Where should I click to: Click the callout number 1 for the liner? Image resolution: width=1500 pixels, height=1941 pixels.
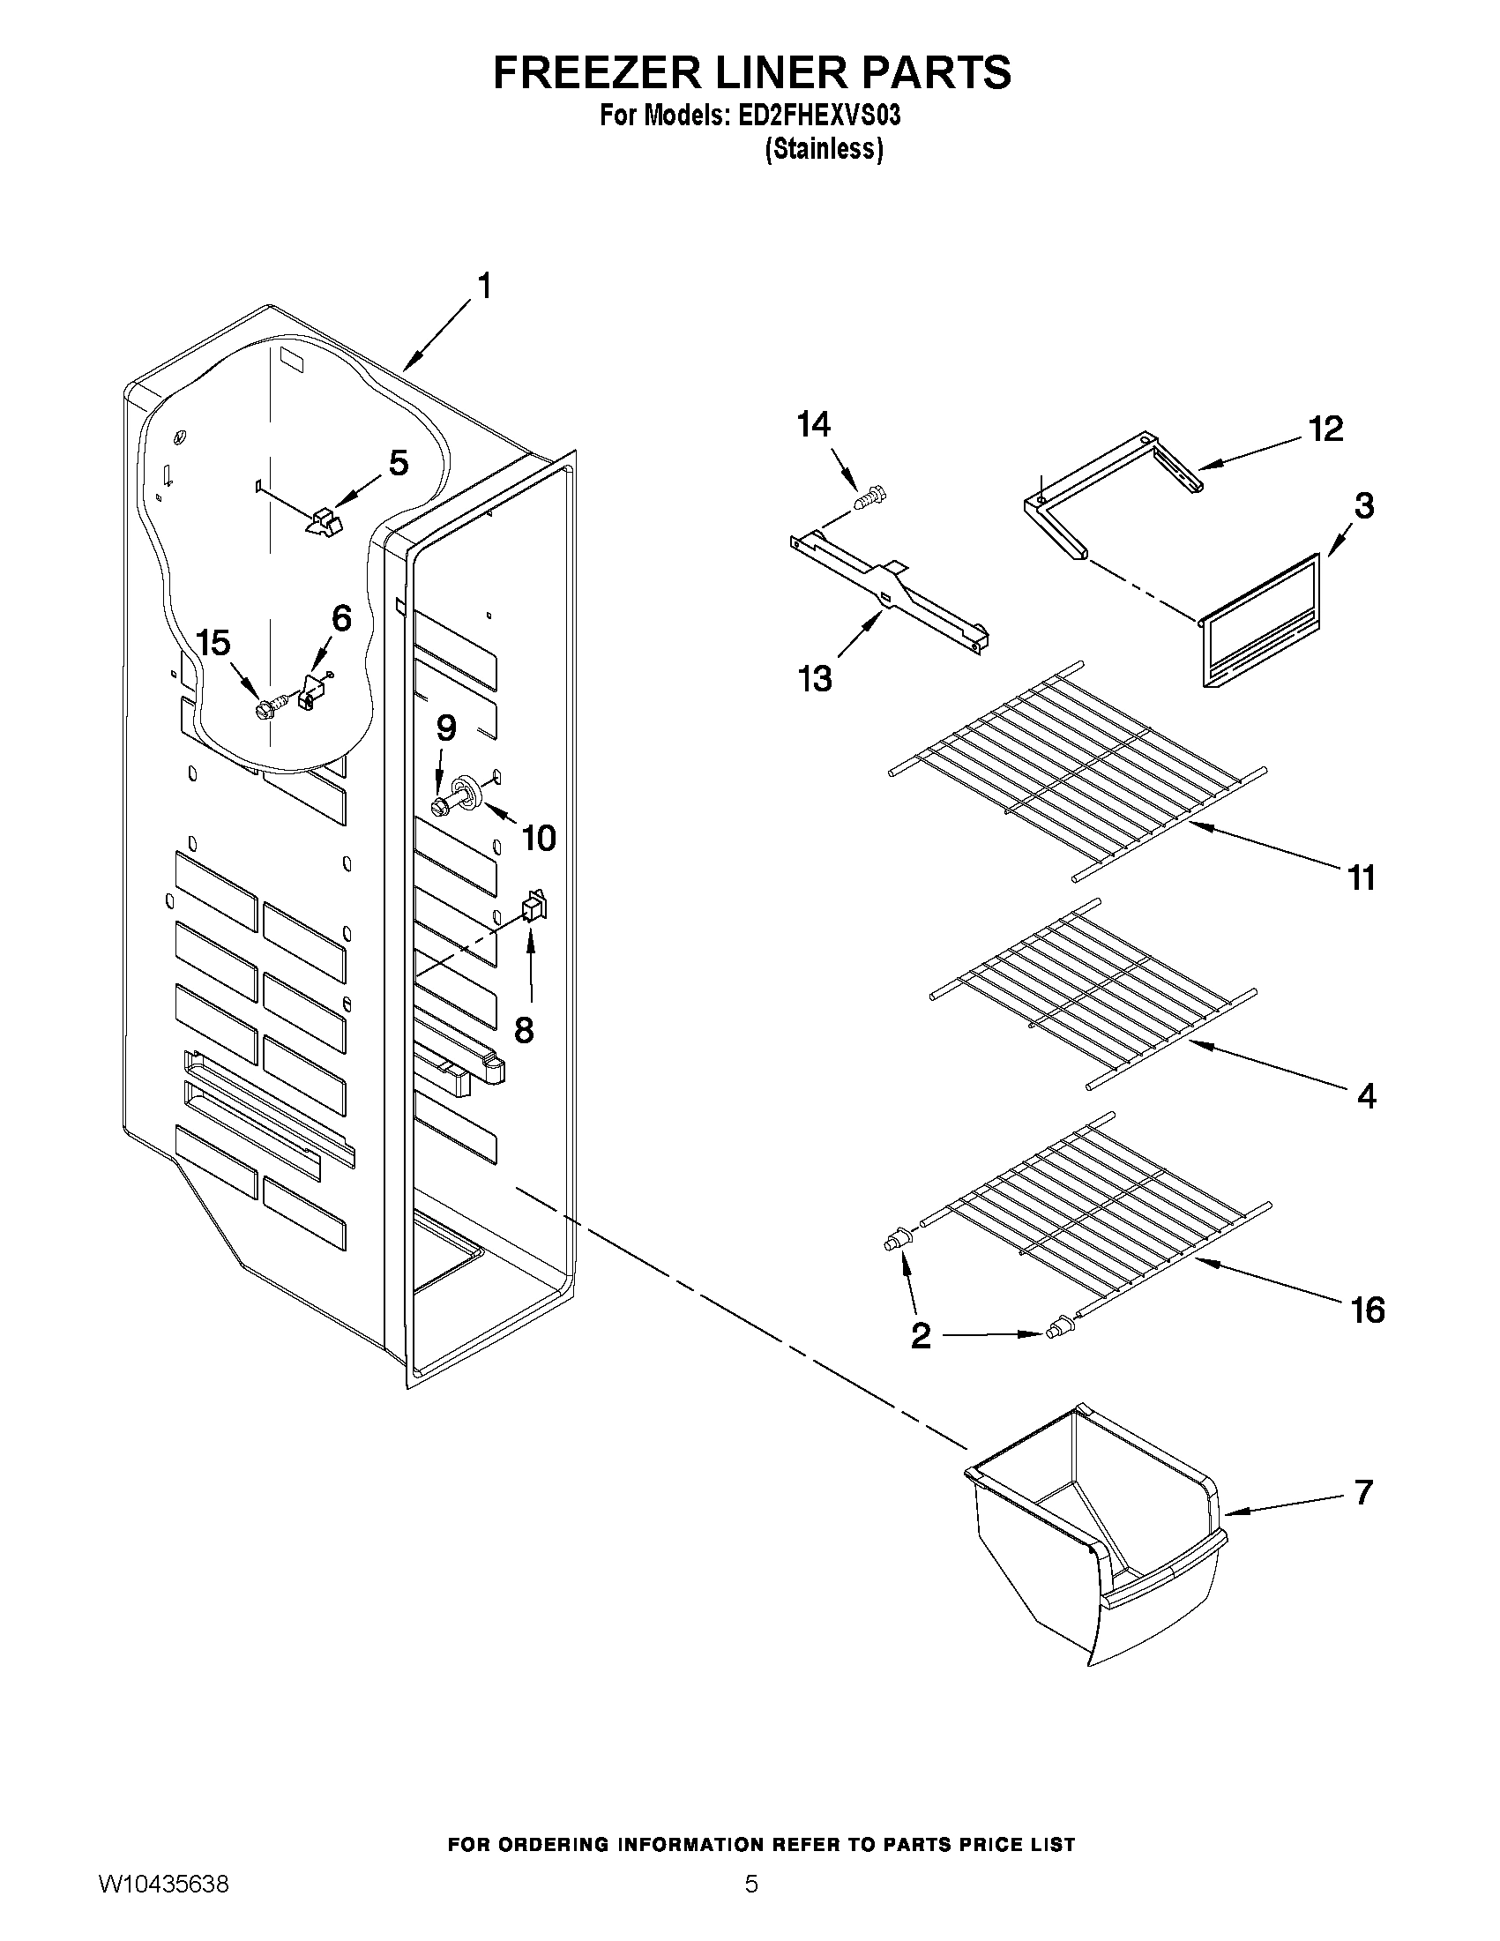click(484, 287)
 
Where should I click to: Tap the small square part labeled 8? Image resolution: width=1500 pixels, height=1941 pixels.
click(534, 907)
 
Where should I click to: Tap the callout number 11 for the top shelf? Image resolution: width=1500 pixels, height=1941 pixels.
click(1362, 877)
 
